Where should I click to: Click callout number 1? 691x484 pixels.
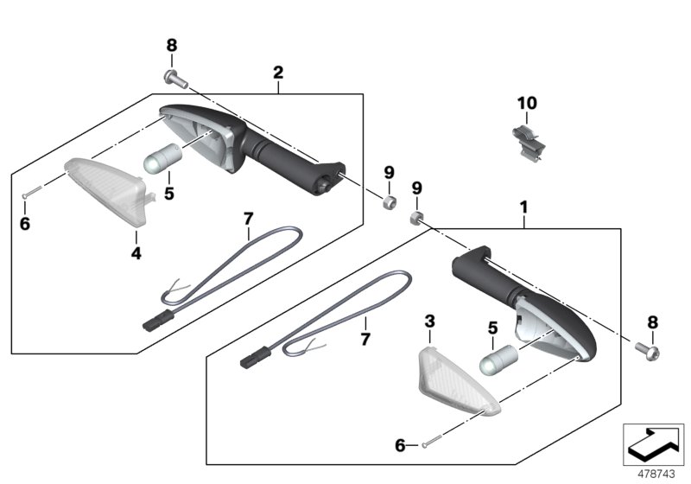point(523,207)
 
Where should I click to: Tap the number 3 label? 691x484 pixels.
point(429,322)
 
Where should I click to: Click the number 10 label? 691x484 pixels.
point(527,103)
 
